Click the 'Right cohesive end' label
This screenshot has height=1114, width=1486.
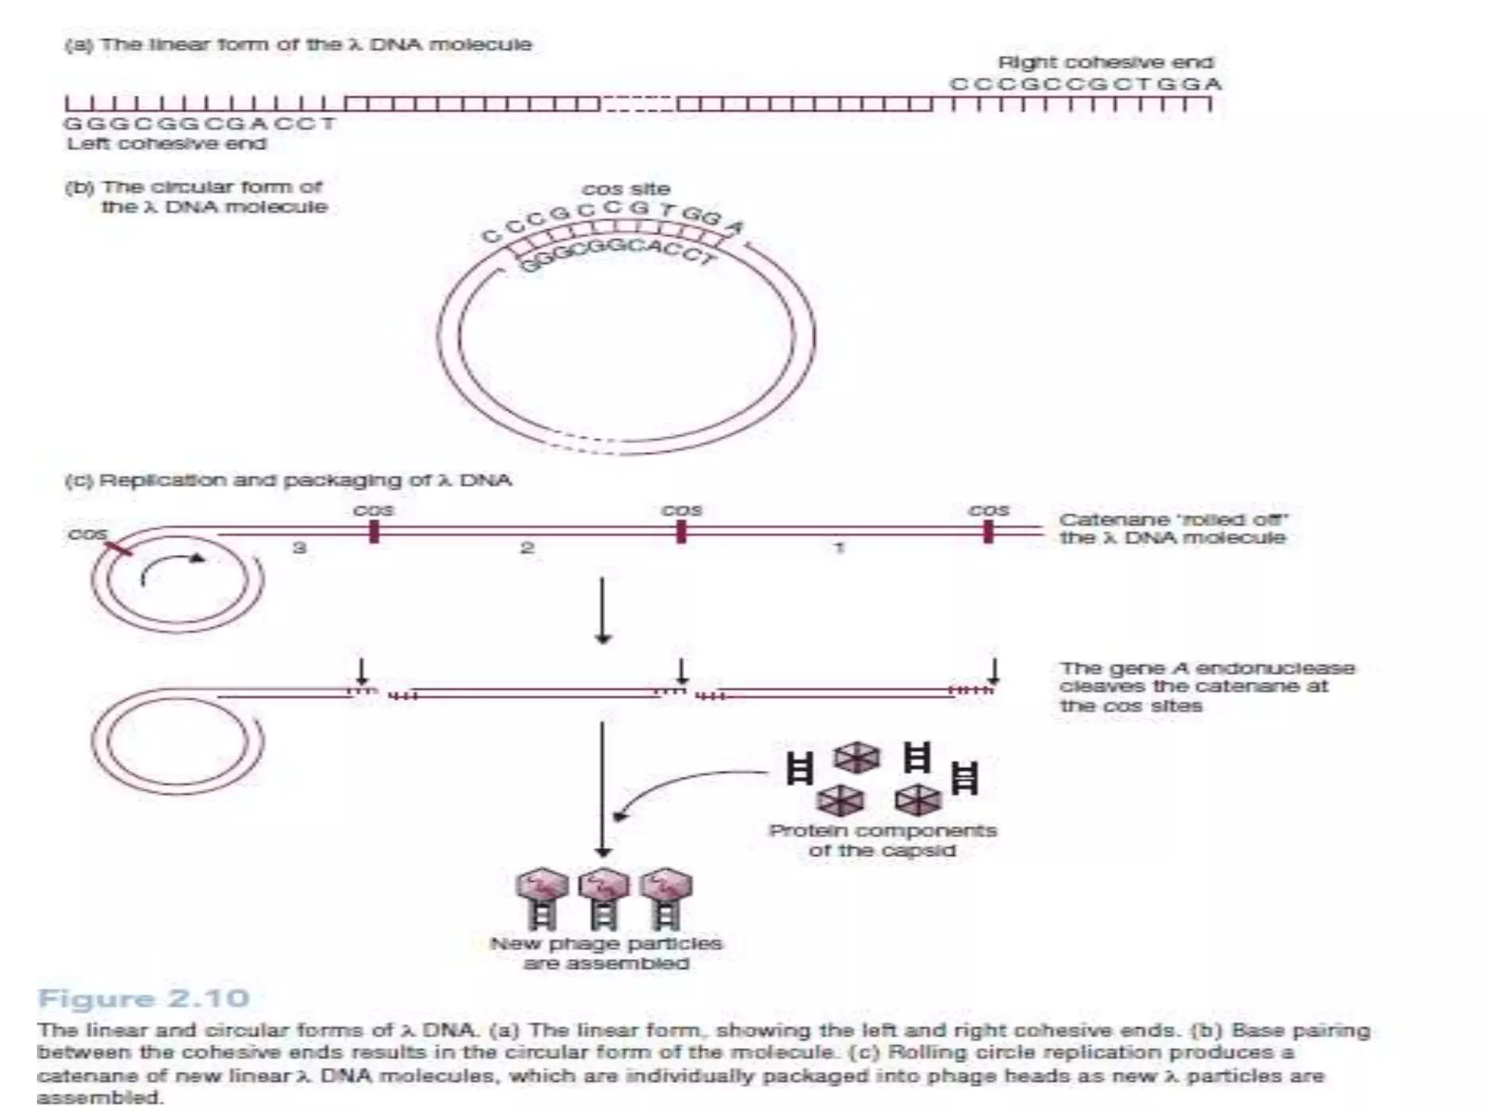coord(1105,62)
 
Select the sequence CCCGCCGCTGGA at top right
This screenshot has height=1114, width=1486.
coord(1085,84)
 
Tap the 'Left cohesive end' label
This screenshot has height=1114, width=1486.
coord(167,144)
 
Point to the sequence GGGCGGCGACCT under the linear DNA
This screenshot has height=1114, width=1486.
coord(200,123)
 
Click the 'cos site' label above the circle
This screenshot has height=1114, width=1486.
coord(625,189)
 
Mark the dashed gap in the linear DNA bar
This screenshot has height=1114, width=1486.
coord(639,104)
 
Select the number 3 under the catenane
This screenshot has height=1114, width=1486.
coord(299,548)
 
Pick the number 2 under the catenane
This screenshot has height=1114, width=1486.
coord(528,548)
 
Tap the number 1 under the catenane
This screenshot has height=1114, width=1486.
coord(840,548)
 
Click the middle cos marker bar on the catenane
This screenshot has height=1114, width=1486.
coord(681,532)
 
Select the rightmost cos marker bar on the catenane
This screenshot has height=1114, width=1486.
coord(988,532)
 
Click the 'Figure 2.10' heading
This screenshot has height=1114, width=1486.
coord(143,999)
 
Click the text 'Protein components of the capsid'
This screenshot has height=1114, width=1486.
coord(882,840)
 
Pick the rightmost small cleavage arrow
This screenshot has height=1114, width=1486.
coord(994,671)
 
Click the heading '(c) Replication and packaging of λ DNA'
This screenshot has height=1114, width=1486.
coord(288,480)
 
